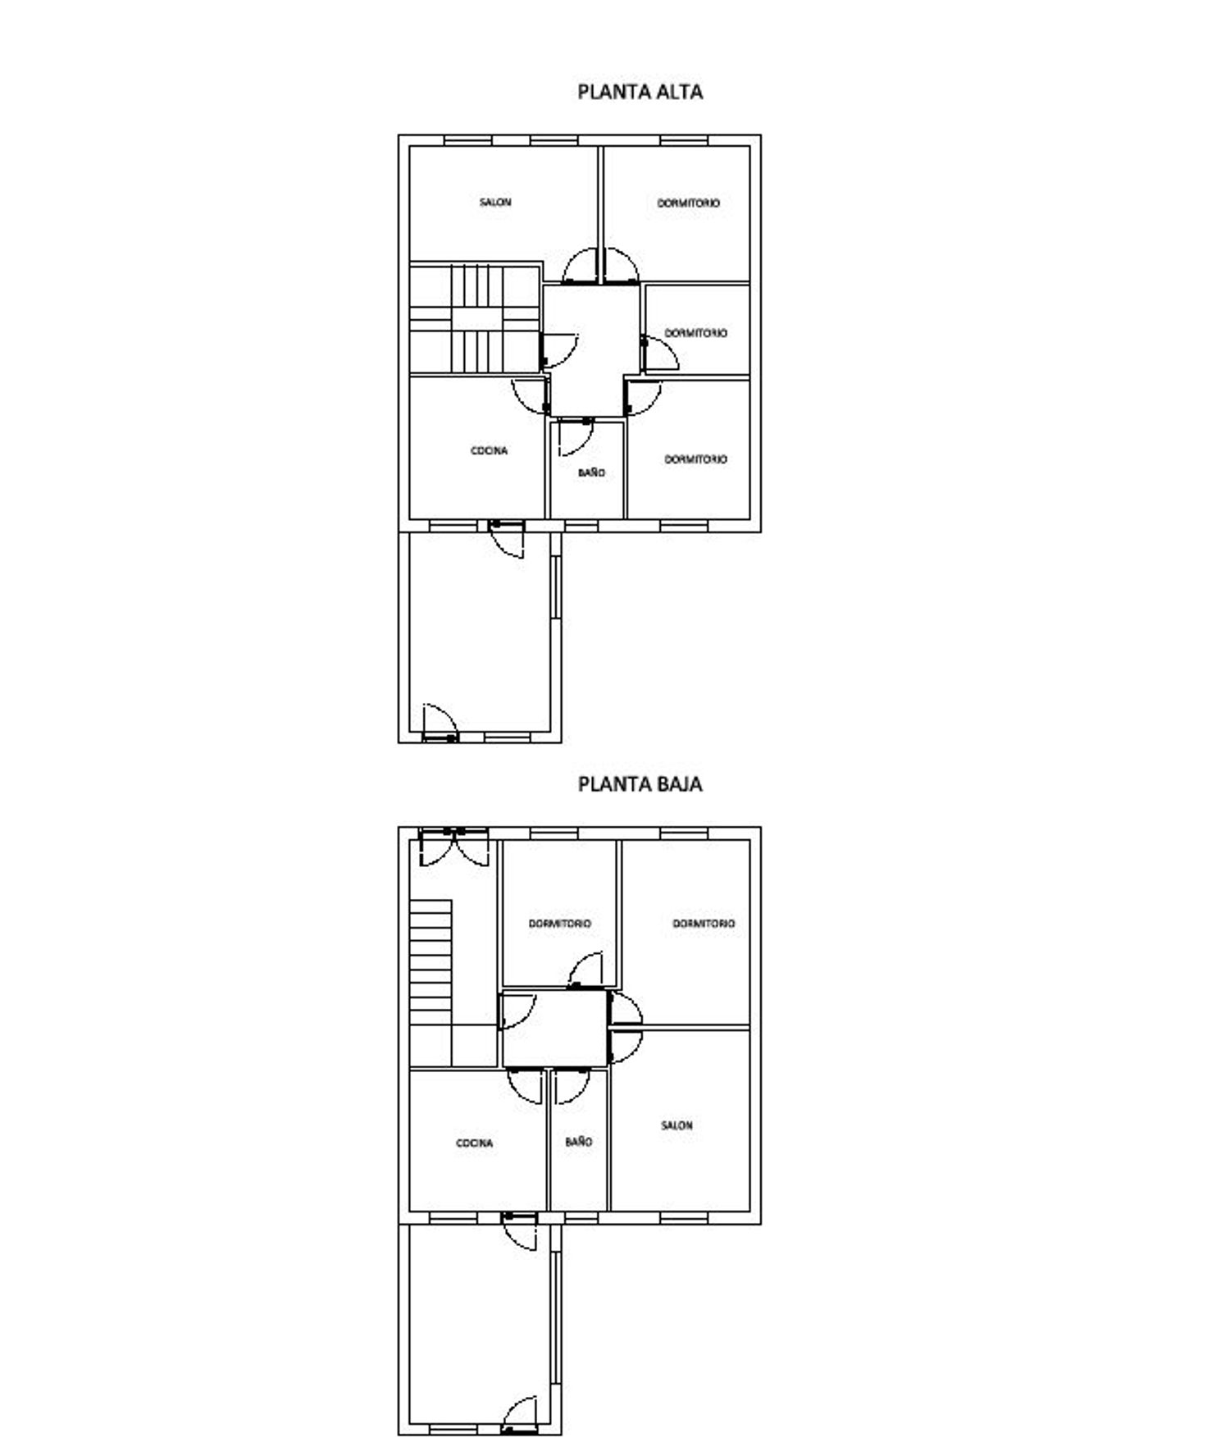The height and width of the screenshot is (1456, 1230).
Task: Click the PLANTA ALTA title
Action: click(x=640, y=92)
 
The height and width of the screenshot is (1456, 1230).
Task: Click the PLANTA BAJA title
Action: click(x=640, y=784)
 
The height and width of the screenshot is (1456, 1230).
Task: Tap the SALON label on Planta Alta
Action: click(x=495, y=202)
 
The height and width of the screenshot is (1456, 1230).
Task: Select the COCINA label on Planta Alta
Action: click(x=489, y=450)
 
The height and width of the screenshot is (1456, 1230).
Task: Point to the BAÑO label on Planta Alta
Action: click(x=591, y=472)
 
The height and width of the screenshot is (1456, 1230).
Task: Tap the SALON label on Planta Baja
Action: click(x=676, y=1125)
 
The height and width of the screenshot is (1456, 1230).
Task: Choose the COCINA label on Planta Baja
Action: click(x=474, y=1143)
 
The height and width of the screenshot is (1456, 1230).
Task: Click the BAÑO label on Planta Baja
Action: click(x=578, y=1141)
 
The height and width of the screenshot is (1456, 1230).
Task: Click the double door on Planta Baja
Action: click(x=453, y=847)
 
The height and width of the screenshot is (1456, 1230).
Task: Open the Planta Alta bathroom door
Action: click(x=575, y=437)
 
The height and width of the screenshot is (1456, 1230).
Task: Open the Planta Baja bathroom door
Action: click(x=572, y=1086)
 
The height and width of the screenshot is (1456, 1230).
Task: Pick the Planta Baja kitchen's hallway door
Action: click(x=526, y=1086)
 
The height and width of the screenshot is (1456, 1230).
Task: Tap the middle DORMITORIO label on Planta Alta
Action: click(x=695, y=333)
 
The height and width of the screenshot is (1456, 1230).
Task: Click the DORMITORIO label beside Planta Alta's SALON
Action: click(x=689, y=203)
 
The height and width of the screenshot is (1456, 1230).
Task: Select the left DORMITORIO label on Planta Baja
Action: click(x=559, y=923)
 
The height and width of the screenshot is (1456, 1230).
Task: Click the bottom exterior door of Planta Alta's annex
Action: click(x=440, y=723)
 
